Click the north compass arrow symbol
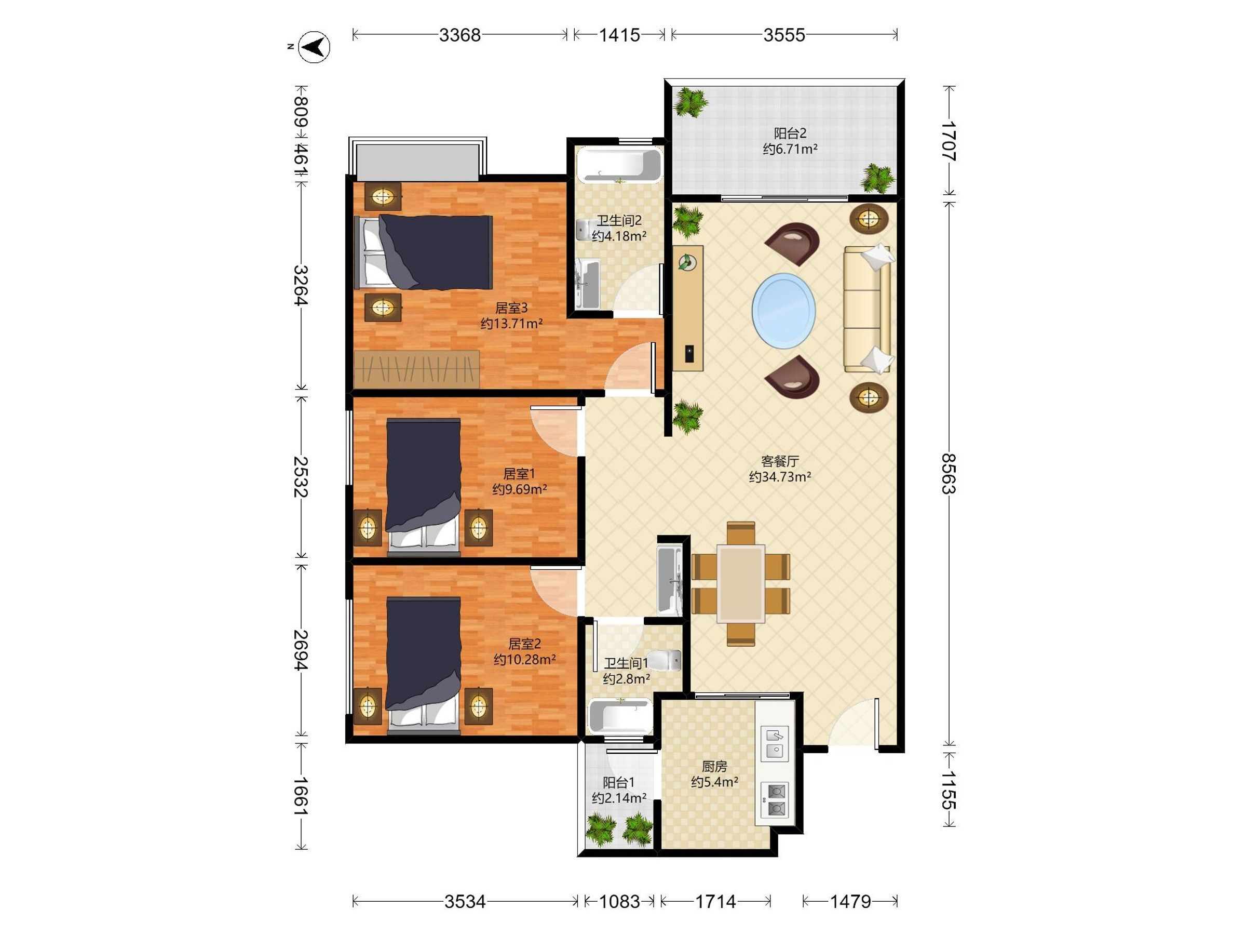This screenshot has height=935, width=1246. pyautogui.click(x=314, y=47)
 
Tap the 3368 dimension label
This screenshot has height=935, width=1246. pyautogui.click(x=459, y=35)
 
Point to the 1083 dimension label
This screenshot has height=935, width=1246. pyautogui.click(x=619, y=902)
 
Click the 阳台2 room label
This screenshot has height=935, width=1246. pyautogui.click(x=790, y=133)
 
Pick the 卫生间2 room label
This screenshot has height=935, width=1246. pyautogui.click(x=619, y=221)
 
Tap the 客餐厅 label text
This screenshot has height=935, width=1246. pyautogui.click(x=780, y=461)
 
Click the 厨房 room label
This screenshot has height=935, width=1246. pyautogui.click(x=714, y=767)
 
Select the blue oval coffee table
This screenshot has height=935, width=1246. pyautogui.click(x=783, y=311)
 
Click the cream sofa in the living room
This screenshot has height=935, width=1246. pyautogui.click(x=867, y=309)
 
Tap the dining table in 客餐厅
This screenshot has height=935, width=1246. pyautogui.click(x=741, y=583)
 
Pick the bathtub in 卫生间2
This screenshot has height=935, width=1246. pyautogui.click(x=619, y=165)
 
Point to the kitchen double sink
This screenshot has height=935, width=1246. pyautogui.click(x=775, y=743)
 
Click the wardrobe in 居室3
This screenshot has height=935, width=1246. pyautogui.click(x=416, y=369)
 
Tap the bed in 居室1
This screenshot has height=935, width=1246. pyautogui.click(x=424, y=486)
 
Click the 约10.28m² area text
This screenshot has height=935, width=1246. pyautogui.click(x=525, y=659)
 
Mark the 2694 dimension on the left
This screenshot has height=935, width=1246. pyautogui.click(x=301, y=650)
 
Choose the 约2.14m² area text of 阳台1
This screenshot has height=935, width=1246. pyautogui.click(x=618, y=797)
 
